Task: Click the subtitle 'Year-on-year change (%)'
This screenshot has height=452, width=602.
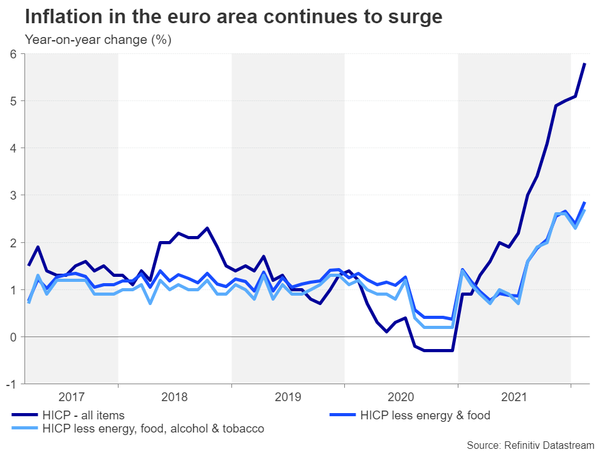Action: coord(98,40)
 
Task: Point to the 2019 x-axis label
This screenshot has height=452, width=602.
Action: coord(287,397)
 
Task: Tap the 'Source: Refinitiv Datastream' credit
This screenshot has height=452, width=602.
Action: coord(530,445)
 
